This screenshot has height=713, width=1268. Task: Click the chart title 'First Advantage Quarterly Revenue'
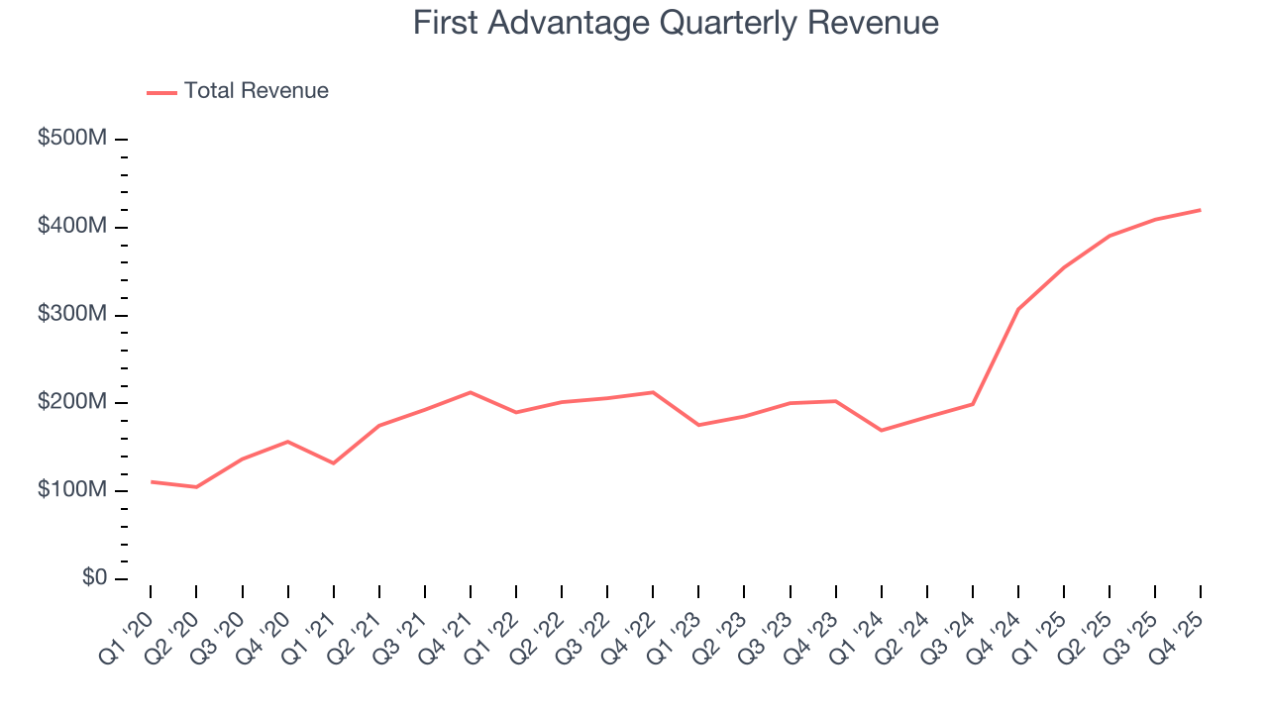(676, 23)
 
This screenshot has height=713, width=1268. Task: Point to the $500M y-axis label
(71, 140)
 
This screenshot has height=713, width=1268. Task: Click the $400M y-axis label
(71, 227)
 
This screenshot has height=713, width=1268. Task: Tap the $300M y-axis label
(71, 315)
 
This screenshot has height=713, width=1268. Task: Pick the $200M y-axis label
(71, 403)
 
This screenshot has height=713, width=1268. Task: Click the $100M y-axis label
(71, 491)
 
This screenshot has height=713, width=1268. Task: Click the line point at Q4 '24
(1018, 309)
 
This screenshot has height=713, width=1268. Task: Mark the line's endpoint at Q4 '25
(1201, 210)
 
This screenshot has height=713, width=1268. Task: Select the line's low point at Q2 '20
(196, 487)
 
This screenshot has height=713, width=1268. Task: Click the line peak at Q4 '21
(471, 392)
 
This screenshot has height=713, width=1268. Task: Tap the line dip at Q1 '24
(881, 430)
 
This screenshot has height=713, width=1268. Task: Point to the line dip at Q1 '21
(334, 463)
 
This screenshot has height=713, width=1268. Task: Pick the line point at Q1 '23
(698, 425)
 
